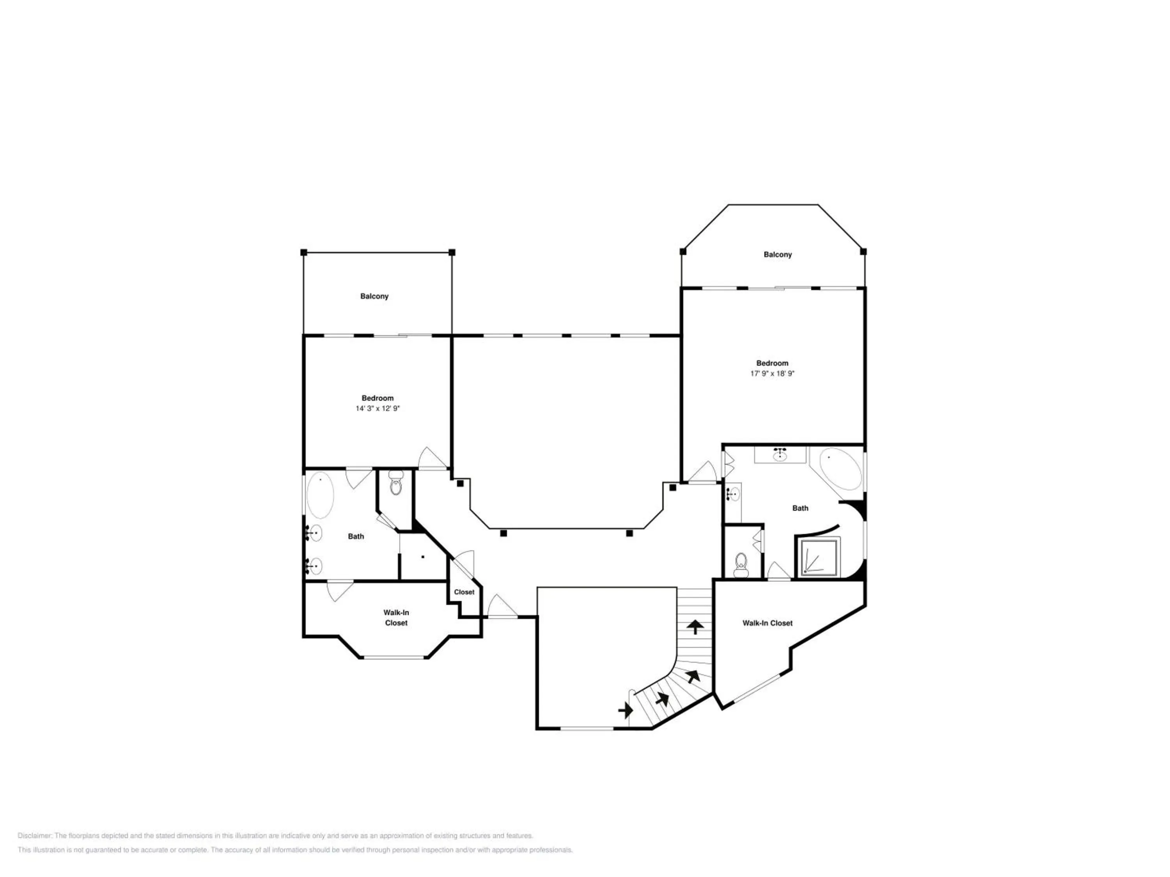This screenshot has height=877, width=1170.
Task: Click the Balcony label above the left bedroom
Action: (374, 296)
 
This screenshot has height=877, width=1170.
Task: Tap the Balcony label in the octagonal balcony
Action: (778, 254)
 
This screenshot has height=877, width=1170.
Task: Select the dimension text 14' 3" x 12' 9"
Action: (378, 408)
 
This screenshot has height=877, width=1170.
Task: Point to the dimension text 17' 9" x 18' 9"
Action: (772, 373)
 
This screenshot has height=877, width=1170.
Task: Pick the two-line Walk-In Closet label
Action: (396, 617)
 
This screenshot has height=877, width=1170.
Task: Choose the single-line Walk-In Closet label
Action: (768, 623)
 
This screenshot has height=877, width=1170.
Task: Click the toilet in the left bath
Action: (395, 484)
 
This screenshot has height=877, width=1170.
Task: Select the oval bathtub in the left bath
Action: (320, 495)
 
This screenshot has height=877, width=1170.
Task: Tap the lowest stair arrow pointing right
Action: (625, 710)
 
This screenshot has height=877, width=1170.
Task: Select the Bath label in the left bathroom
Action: (356, 536)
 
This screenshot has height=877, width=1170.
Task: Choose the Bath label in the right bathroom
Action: (800, 508)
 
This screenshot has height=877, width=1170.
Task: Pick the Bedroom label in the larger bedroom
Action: (772, 363)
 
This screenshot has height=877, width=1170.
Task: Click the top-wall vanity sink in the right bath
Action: (780, 454)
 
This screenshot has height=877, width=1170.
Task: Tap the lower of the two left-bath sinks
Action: (313, 566)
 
